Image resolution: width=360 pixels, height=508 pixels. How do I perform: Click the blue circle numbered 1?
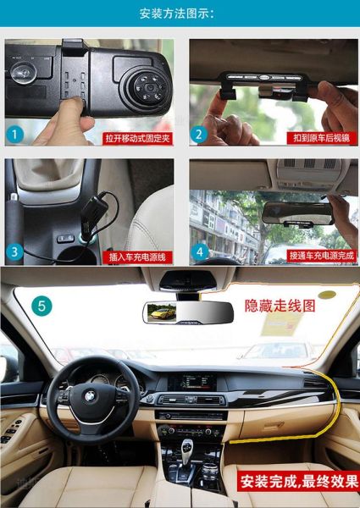(14, 134)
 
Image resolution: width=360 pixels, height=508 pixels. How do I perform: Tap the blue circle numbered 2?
(198, 134)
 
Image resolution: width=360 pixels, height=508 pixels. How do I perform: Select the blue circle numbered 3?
(14, 251)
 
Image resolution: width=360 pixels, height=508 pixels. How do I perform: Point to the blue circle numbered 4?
(199, 251)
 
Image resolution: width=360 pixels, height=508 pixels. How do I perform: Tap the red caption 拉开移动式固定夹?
(137, 137)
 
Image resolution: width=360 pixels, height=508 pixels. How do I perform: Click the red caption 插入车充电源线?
(137, 255)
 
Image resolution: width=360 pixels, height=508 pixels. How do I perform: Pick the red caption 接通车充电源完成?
(323, 255)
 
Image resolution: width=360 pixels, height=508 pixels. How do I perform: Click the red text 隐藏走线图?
(280, 305)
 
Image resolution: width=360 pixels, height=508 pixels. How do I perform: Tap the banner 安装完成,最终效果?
(297, 482)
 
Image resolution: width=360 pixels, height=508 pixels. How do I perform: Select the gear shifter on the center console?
(187, 448)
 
